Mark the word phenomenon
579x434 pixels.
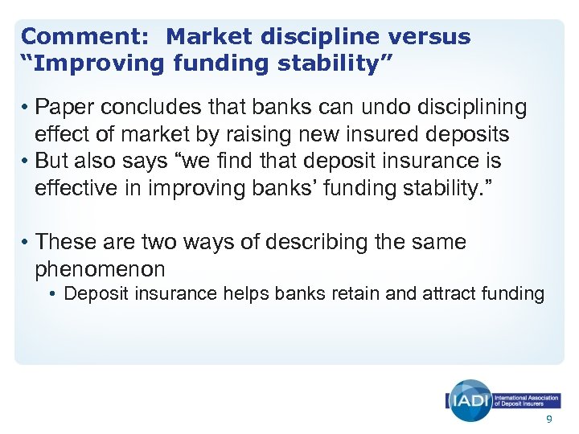[100, 268]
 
